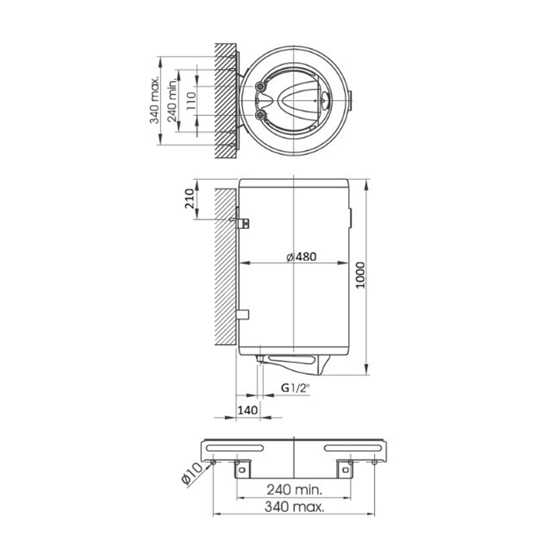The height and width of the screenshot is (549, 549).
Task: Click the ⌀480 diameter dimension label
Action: pyautogui.click(x=301, y=257)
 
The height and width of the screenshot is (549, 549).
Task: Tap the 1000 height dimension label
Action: pyautogui.click(x=360, y=275)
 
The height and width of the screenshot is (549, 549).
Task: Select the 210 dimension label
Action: pyautogui.click(x=189, y=199)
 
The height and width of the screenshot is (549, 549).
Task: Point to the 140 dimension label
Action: pyautogui.click(x=248, y=410)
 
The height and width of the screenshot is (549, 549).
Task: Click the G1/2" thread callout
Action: pyautogui.click(x=296, y=388)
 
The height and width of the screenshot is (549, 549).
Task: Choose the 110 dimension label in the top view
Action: pyautogui.click(x=191, y=101)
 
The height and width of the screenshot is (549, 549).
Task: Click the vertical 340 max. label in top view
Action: pyautogui.click(x=154, y=100)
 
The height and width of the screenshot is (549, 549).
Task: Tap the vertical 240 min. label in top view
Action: pyautogui.click(x=172, y=100)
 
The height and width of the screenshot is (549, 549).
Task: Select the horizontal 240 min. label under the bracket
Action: pyautogui.click(x=294, y=490)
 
